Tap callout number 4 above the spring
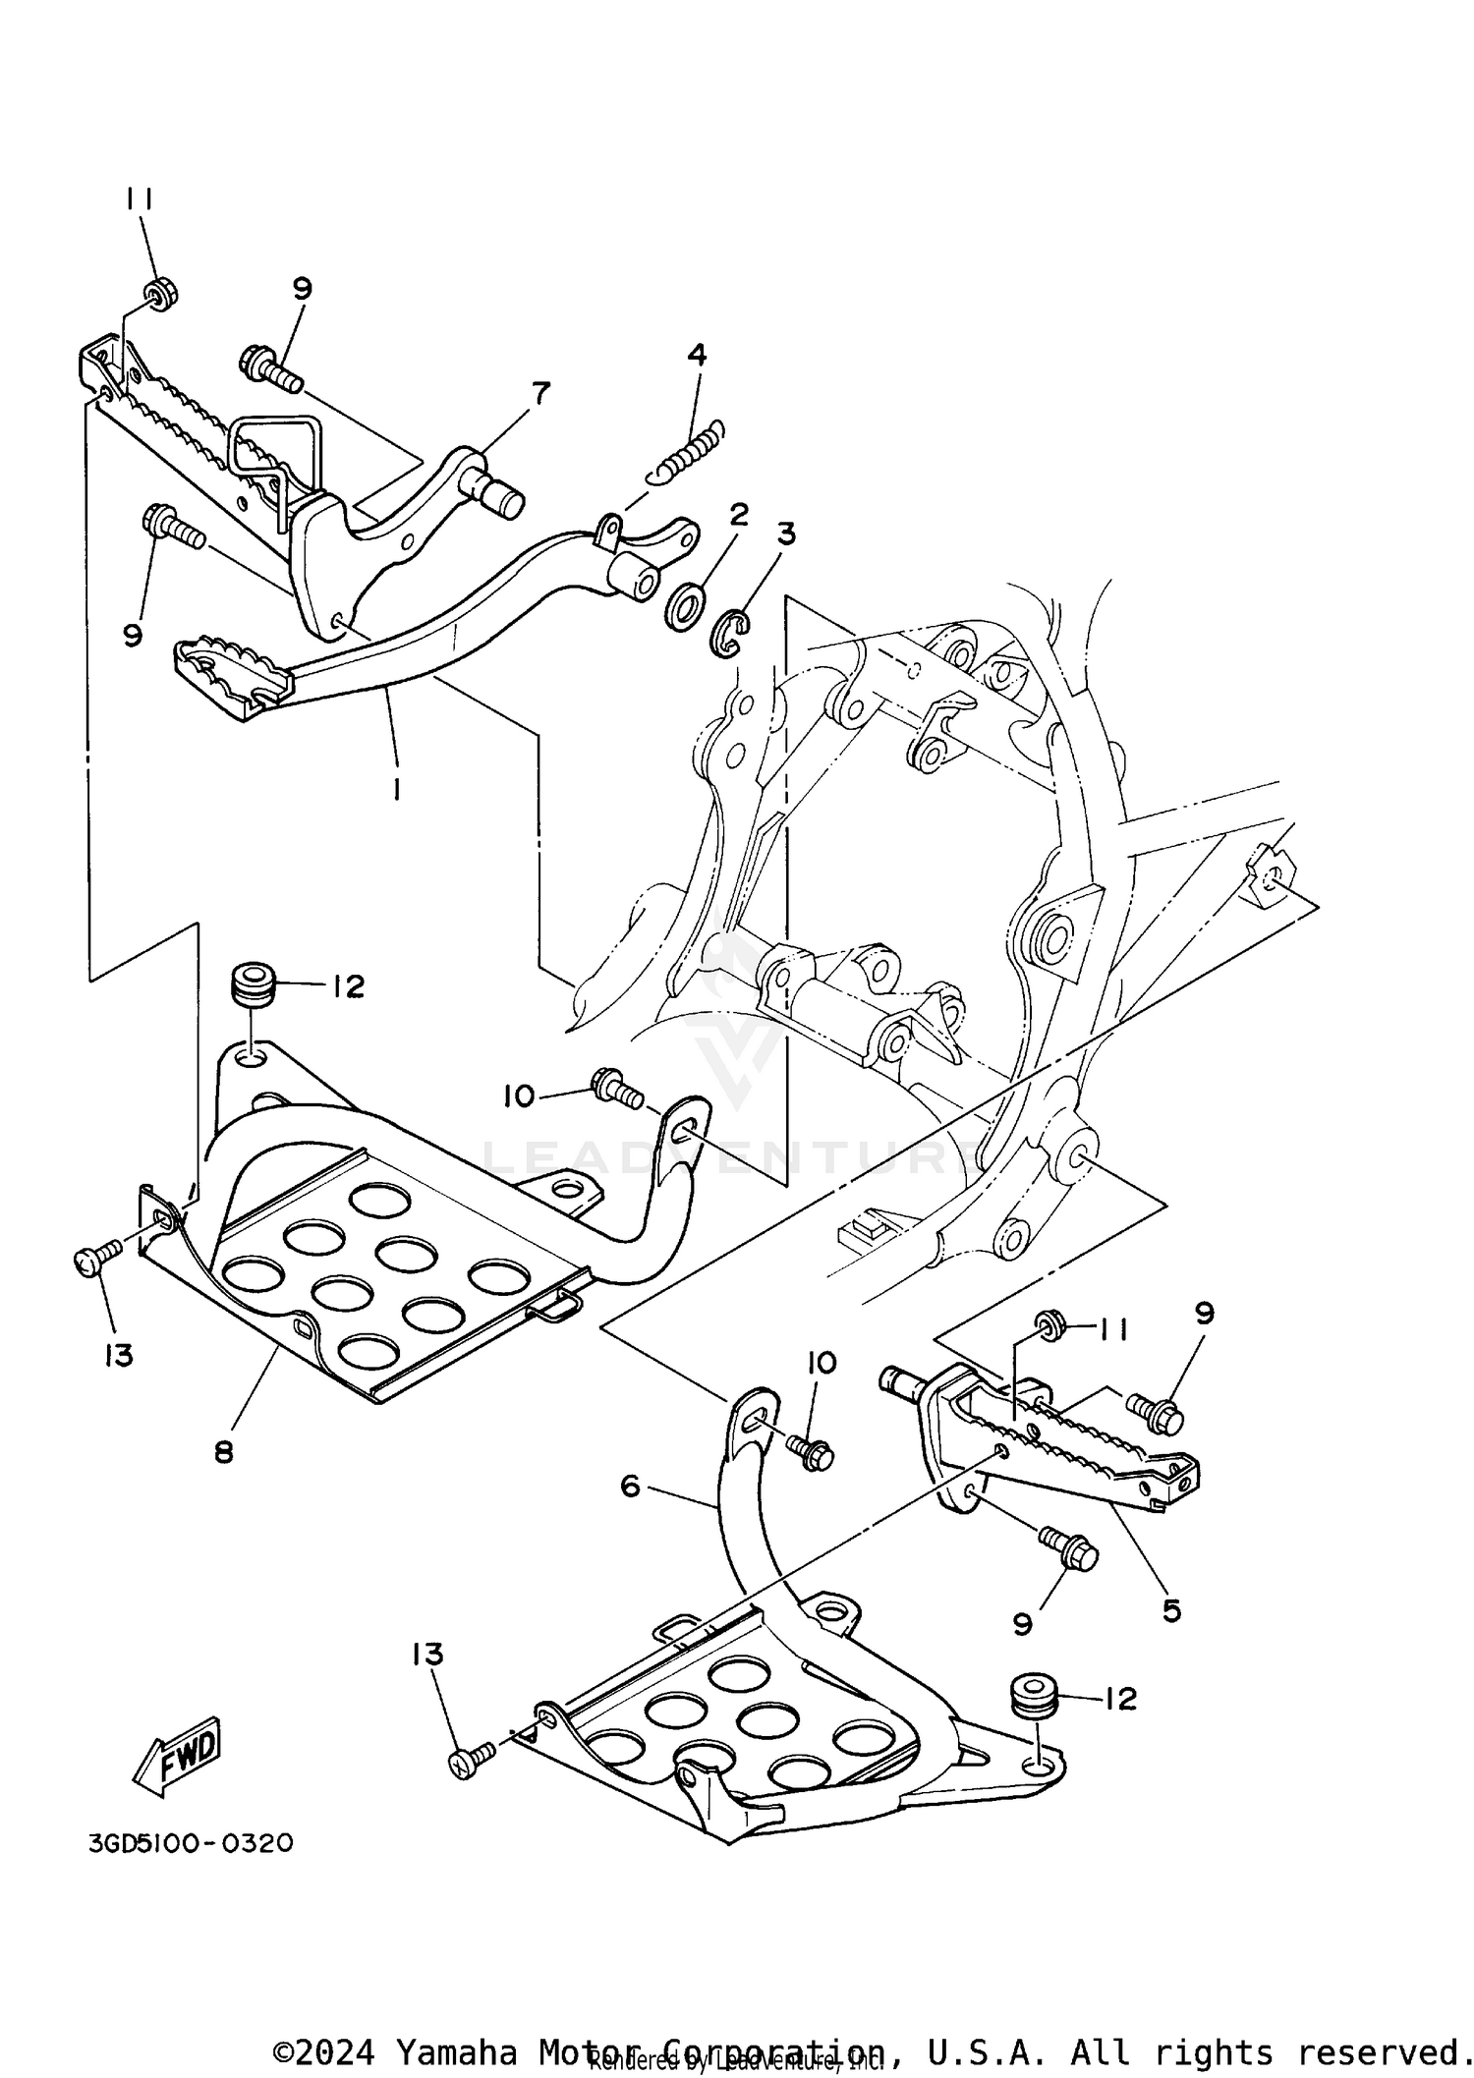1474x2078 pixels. [x=697, y=355]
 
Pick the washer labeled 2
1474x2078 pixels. [x=684, y=607]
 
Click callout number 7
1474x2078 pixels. [x=539, y=392]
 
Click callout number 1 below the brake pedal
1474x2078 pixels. [x=395, y=789]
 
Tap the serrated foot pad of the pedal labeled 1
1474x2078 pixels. [x=233, y=672]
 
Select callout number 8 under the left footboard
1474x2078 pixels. [x=224, y=1451]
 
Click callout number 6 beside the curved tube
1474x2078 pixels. [x=630, y=1487]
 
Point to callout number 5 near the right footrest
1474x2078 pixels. [x=1170, y=1610]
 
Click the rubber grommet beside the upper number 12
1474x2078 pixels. [x=253, y=983]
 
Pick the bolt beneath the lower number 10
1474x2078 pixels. [x=811, y=1452]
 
